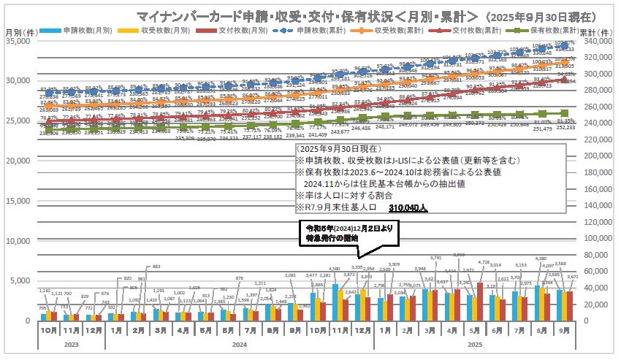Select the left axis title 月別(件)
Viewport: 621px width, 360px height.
point(20,32)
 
